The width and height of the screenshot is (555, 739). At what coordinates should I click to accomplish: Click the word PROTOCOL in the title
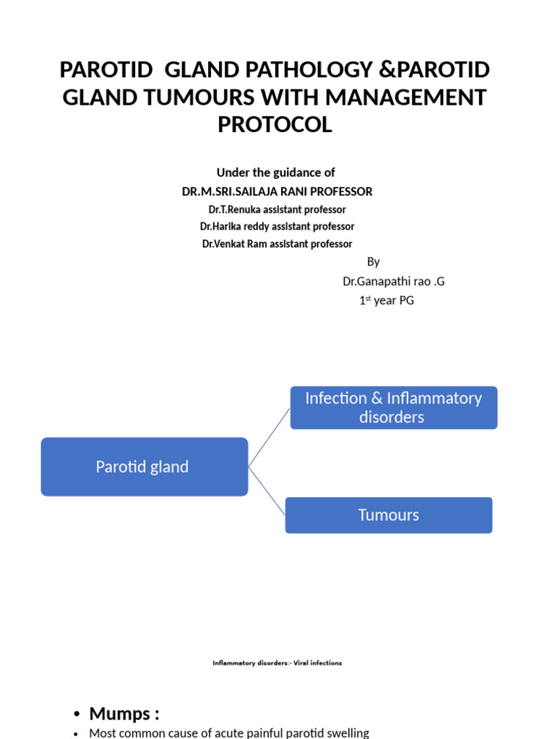[x=275, y=124]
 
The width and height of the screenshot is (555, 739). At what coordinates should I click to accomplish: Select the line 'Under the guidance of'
[x=276, y=172]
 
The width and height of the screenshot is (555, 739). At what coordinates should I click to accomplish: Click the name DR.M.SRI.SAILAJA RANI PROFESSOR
[x=277, y=191]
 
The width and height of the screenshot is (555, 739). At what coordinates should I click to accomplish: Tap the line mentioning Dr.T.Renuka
[x=277, y=209]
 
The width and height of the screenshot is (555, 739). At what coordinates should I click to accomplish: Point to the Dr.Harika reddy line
[x=277, y=227]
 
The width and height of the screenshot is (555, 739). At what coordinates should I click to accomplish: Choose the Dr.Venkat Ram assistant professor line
[x=277, y=244]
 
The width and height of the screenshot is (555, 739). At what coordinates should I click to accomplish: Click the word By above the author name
[x=373, y=262]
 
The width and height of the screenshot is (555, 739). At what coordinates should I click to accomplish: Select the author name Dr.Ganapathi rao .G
[x=394, y=281]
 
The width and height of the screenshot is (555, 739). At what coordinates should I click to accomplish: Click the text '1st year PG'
[x=387, y=300]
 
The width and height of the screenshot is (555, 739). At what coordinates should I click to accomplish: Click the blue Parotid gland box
[x=144, y=467]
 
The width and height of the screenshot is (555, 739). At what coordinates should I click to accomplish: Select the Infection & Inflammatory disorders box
[x=393, y=408]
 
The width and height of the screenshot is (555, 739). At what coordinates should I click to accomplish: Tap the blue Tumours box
[x=388, y=515]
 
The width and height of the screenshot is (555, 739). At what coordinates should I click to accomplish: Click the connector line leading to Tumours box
[x=267, y=491]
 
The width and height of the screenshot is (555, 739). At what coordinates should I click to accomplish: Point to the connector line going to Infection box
[x=269, y=437]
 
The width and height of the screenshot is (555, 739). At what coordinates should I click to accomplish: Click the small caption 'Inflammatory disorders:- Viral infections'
[x=277, y=663]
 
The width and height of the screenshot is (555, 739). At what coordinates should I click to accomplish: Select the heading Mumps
[x=124, y=714]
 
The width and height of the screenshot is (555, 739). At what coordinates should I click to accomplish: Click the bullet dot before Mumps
[x=77, y=715]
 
